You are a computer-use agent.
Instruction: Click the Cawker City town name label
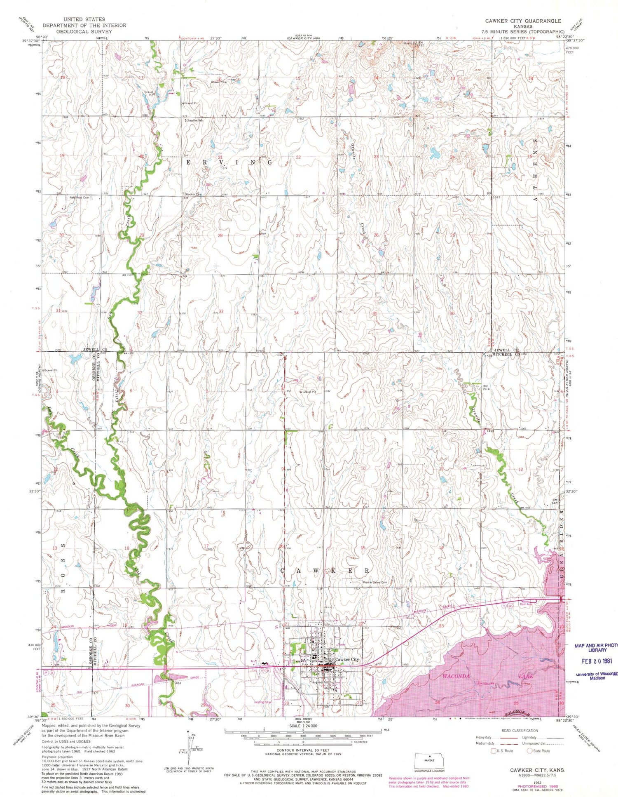click(x=347, y=659)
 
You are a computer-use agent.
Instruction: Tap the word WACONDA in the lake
click(x=456, y=677)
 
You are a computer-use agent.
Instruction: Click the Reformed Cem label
click(x=80, y=197)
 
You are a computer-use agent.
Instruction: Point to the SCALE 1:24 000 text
click(x=303, y=726)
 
